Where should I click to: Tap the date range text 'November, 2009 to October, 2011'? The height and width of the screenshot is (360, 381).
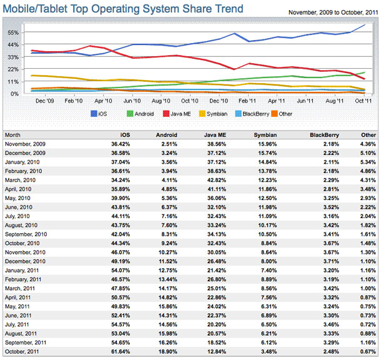(x=333, y=12)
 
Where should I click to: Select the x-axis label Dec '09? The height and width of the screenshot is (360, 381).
(x=44, y=100)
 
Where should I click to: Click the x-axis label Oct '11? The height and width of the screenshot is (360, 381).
(x=364, y=100)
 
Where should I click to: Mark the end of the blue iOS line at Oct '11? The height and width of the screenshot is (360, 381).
(x=365, y=24)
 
